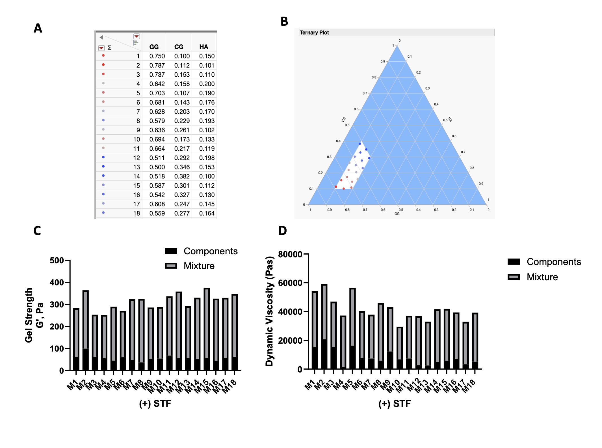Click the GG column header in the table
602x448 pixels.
coord(154,47)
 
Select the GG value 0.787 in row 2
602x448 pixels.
coord(157,65)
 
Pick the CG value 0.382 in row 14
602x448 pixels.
coord(182,176)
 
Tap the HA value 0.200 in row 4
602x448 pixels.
coord(207,84)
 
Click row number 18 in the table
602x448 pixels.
coord(137,213)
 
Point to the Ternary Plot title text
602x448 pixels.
coord(314,33)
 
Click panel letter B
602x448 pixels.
coord(284,21)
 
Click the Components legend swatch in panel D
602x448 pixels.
coord(514,262)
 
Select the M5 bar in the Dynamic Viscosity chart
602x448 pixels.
coord(352,328)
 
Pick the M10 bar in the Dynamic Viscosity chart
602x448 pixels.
coord(400,348)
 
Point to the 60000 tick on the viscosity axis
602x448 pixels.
coord(290,283)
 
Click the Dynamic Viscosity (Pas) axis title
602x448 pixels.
coord(269,311)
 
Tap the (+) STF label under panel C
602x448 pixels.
coord(155,403)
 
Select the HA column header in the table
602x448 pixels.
coord(203,47)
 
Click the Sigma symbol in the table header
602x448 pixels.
coord(109,48)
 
